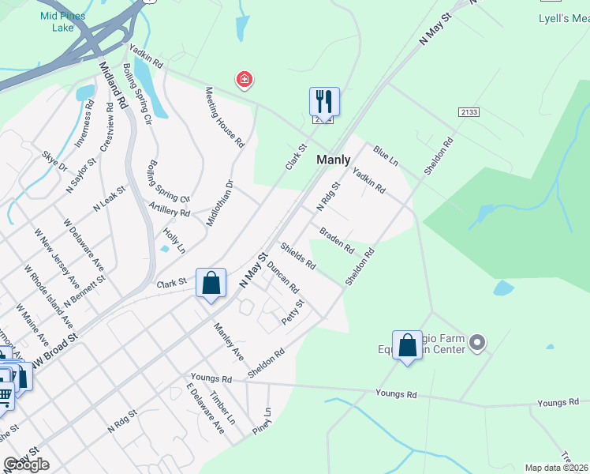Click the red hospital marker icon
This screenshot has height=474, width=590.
[245, 80]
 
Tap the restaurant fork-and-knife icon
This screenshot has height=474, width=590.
[324, 101]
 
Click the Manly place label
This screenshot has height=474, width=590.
[333, 160]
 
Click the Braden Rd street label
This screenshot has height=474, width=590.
[337, 240]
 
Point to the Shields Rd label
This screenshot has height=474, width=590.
[297, 254]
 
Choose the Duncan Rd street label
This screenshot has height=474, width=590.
[282, 276]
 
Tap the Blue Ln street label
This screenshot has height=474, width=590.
[386, 155]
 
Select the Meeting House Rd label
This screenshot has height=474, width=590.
[226, 117]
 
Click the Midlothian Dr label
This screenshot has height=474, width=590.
[220, 203]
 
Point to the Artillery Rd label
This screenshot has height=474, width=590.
[170, 209]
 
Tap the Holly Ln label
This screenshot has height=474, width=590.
[174, 240]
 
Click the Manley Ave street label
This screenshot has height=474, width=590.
[230, 335]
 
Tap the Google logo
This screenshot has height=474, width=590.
[26, 465]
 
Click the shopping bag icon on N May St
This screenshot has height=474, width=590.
[211, 283]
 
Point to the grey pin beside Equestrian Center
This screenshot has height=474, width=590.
[476, 343]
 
